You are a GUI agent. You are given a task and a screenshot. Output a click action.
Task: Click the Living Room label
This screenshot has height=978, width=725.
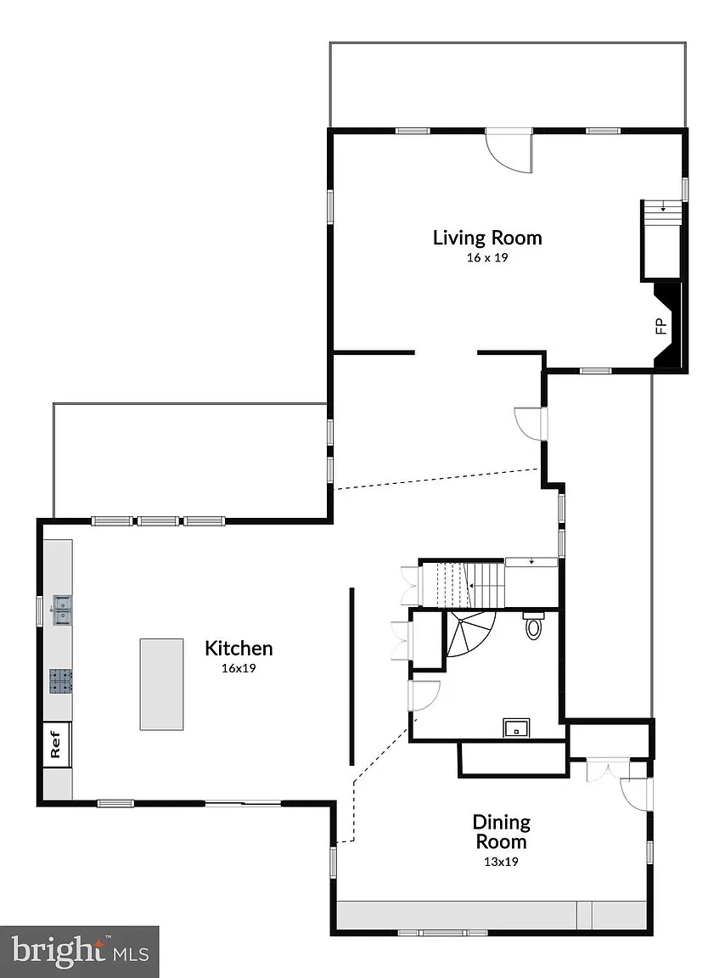point(487,238)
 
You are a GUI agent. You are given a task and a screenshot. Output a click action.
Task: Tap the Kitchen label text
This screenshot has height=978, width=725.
point(239,649)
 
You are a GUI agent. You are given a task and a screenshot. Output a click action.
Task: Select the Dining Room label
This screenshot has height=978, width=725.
point(501,832)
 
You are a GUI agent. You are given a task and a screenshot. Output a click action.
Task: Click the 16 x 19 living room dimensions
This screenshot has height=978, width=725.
point(487,257)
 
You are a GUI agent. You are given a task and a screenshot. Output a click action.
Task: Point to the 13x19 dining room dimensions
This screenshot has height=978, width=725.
point(501,862)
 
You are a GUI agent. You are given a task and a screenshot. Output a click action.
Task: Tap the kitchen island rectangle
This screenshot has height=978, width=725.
point(161,684)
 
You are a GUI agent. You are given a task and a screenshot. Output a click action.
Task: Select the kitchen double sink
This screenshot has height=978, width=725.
point(62,610)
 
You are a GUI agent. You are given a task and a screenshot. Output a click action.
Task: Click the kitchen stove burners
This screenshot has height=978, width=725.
point(60,681)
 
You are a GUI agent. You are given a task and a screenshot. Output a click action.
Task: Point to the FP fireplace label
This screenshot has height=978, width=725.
point(661,326)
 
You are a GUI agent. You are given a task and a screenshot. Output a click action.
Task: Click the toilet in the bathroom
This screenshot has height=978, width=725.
point(533,625)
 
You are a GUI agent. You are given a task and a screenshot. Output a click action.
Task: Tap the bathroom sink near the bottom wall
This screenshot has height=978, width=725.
point(517,728)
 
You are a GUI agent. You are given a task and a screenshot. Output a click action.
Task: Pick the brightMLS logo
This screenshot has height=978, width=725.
point(80,952)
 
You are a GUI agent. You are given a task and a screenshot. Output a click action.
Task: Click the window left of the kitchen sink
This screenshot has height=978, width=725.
point(40,611)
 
